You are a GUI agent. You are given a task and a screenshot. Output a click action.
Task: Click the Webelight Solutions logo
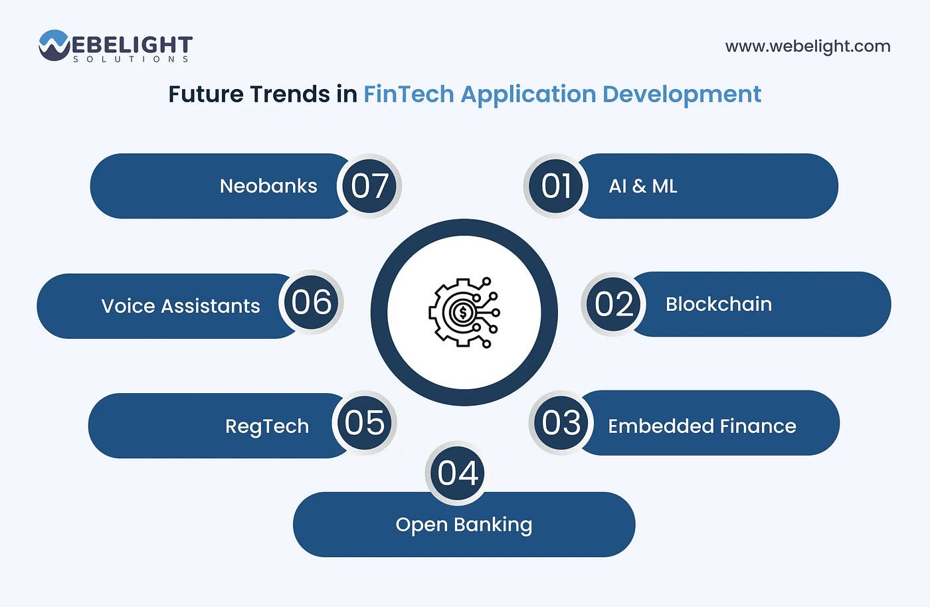point(116,46)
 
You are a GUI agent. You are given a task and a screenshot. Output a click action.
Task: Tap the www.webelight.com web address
point(807,46)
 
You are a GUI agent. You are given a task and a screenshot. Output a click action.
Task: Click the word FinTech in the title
point(408,94)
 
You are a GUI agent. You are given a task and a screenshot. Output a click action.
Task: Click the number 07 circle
point(369,186)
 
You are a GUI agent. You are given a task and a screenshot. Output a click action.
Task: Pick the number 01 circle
point(556,186)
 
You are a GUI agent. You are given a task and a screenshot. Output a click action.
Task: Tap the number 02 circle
point(613,304)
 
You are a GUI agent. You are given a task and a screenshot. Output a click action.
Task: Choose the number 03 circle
point(561,423)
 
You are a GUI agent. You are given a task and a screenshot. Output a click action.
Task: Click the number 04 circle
point(458,473)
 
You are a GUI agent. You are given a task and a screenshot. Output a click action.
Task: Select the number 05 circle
point(364,423)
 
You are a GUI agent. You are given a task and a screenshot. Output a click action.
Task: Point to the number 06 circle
point(311,303)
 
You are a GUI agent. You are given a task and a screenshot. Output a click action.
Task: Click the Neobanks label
point(268,186)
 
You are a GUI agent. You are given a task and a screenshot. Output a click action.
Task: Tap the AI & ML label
point(643,187)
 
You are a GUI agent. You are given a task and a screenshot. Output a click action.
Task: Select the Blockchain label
point(719,304)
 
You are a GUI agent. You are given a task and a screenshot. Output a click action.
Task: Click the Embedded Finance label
point(701,426)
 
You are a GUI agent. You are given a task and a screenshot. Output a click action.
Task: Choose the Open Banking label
point(464,525)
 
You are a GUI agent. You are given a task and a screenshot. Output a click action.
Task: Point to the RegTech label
point(267,426)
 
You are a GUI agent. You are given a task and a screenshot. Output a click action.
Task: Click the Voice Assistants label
point(181,306)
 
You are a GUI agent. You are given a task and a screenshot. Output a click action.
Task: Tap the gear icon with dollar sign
point(464,312)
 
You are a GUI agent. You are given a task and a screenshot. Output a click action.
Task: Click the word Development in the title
point(682,94)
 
